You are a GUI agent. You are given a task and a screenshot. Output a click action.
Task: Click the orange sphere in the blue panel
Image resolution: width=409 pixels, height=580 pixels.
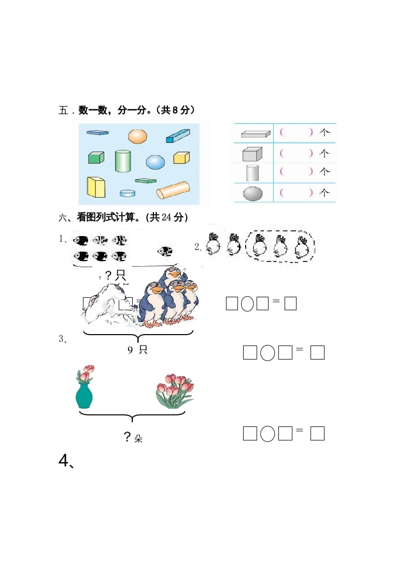point(137,136)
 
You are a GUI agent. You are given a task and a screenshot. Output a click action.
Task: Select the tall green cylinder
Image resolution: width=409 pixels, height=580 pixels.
point(123,161)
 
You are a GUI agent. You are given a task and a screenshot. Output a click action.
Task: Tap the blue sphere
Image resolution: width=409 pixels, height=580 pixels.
point(155,162)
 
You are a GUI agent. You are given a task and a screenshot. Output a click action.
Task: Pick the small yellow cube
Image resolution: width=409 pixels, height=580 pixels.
point(181,158)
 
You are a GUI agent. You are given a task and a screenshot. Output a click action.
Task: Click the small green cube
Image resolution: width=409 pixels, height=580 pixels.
point(96,157)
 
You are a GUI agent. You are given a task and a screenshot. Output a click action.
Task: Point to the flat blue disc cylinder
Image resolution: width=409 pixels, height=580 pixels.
point(128,193)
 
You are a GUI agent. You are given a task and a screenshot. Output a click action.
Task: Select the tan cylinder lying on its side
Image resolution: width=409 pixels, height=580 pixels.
point(174,189)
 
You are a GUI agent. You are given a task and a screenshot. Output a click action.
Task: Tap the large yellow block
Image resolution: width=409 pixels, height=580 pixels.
point(96,187)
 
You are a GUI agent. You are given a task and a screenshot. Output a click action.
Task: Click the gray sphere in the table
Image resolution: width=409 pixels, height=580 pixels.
point(253,194)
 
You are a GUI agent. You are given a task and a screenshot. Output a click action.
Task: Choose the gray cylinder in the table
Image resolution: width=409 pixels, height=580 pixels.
point(252,172)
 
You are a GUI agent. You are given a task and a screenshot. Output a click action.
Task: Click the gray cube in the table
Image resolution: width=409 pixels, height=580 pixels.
point(252,154)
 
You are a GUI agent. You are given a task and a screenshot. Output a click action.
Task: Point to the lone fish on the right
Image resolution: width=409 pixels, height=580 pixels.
point(166,252)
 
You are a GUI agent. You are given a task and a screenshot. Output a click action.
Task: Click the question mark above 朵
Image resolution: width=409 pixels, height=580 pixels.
point(128,437)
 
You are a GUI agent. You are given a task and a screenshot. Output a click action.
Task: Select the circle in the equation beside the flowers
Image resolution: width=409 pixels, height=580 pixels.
point(267,433)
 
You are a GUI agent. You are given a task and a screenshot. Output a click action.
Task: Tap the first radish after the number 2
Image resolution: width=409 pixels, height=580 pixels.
point(213,244)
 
